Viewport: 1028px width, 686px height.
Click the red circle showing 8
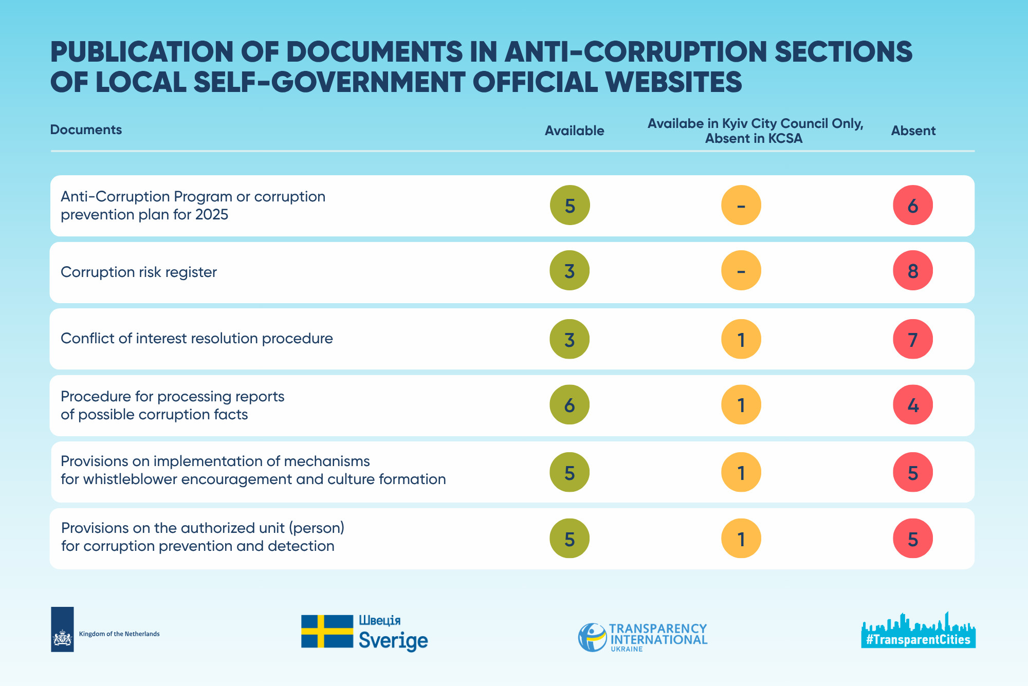click(913, 270)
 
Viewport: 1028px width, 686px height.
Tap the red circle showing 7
click(913, 339)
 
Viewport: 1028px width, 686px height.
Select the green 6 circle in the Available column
click(570, 405)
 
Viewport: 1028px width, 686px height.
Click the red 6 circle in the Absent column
click(913, 205)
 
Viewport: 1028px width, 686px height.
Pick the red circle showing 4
click(913, 405)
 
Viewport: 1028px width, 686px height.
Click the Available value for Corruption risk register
click(570, 270)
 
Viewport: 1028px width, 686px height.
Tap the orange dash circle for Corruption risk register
click(741, 270)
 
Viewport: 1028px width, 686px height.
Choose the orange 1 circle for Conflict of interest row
click(741, 339)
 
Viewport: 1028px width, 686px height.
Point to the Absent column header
click(913, 131)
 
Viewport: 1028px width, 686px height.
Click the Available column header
click(575, 131)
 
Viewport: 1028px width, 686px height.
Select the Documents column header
click(86, 129)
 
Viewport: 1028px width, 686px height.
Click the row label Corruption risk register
click(139, 272)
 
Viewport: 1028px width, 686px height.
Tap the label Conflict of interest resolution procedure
click(197, 338)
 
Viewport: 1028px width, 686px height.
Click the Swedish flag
click(327, 631)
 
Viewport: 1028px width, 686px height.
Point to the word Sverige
click(393, 641)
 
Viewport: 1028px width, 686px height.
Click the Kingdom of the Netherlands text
click(119, 634)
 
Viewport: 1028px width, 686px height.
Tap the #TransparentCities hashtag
click(918, 640)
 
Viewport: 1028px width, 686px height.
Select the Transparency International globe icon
click(593, 637)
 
